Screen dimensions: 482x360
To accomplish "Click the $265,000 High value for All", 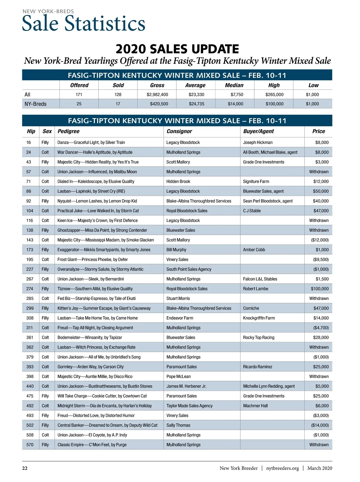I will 274,95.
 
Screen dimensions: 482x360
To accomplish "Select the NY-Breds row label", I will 35,104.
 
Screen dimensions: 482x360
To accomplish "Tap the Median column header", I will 234,85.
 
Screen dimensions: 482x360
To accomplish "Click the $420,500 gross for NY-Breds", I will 157,104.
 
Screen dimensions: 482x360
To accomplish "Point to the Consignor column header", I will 179,131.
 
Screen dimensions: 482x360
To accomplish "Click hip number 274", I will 30,289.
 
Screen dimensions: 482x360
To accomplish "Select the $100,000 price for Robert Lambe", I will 319,289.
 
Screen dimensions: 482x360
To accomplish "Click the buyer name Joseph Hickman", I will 258,143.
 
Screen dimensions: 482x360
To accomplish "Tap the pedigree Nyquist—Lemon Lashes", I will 97,201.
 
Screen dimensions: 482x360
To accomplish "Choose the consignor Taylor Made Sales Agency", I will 189,406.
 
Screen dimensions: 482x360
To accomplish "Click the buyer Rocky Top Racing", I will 259,337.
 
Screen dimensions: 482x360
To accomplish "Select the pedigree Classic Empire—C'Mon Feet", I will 92,445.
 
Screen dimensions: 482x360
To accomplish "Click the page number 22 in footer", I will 25,468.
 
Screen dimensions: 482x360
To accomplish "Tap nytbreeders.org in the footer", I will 282,468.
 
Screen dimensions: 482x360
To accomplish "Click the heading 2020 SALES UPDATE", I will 177,49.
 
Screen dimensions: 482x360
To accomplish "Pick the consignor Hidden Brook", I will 178,182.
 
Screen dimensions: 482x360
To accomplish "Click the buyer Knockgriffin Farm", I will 259,318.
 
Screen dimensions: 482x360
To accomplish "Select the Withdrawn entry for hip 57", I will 319,172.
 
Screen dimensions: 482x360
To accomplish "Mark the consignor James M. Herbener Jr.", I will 186,386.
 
